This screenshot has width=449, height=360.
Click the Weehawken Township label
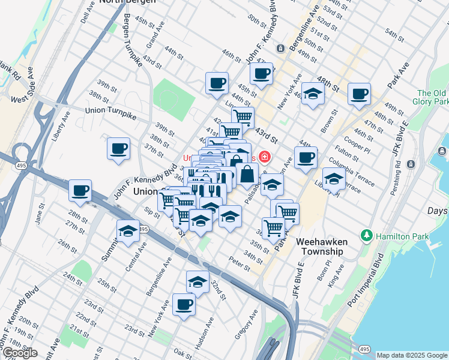(x=321, y=246)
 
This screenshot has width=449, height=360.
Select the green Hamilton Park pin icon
(x=367, y=234)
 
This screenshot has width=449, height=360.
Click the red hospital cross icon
(x=264, y=157)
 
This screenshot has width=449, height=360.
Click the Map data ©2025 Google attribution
(x=412, y=355)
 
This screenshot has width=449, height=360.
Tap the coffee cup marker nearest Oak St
(x=184, y=304)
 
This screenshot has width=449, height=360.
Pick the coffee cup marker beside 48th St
(x=359, y=93)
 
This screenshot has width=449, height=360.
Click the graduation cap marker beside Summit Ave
(x=128, y=231)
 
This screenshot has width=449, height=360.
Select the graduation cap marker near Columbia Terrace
(x=334, y=178)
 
